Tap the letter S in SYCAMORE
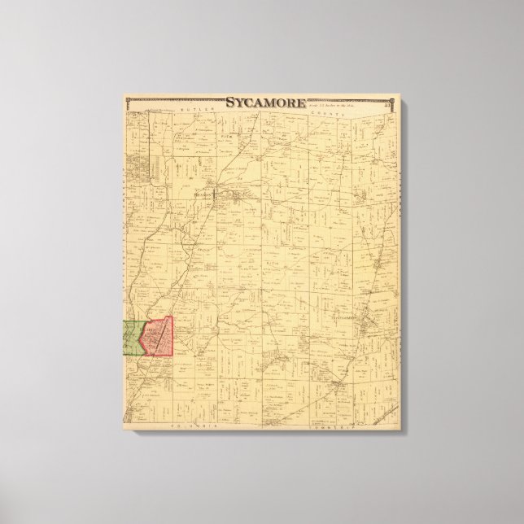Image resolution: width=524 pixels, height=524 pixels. click(x=229, y=103)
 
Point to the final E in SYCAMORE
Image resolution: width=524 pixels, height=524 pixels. click(x=301, y=103)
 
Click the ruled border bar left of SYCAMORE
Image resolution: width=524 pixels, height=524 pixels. click(x=176, y=102)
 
